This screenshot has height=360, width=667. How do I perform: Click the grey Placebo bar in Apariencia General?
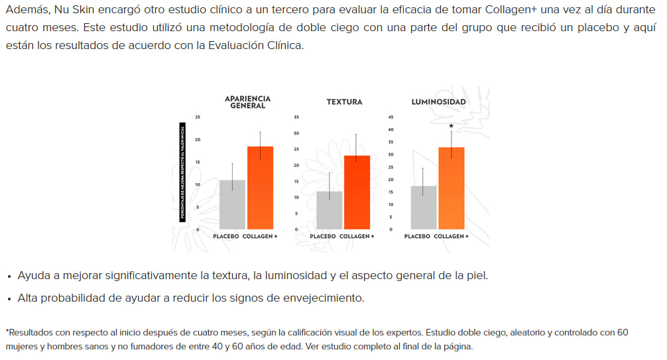point(232,204)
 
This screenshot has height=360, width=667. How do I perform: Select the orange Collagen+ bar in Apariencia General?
point(260,188)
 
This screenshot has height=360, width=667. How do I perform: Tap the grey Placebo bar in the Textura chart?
point(329,210)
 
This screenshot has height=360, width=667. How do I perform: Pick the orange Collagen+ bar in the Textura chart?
point(357,192)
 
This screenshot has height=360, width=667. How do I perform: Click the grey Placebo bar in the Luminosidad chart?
point(424,208)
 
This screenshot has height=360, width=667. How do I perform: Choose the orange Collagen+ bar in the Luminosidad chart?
point(452,188)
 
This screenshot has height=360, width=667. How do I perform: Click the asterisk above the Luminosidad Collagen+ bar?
point(452,126)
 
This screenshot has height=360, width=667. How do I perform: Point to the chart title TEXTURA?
point(344,102)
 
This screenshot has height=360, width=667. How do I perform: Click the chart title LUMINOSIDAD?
point(438,102)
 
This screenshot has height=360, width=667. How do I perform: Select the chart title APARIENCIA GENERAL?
point(247,102)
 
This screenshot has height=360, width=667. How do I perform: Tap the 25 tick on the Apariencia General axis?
point(197,117)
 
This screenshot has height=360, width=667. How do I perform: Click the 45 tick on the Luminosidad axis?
point(390,117)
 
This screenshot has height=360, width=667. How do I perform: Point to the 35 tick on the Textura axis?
point(296,117)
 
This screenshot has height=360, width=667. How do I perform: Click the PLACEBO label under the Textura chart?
point(323,237)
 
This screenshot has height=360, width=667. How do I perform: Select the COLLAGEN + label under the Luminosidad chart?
point(451,237)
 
